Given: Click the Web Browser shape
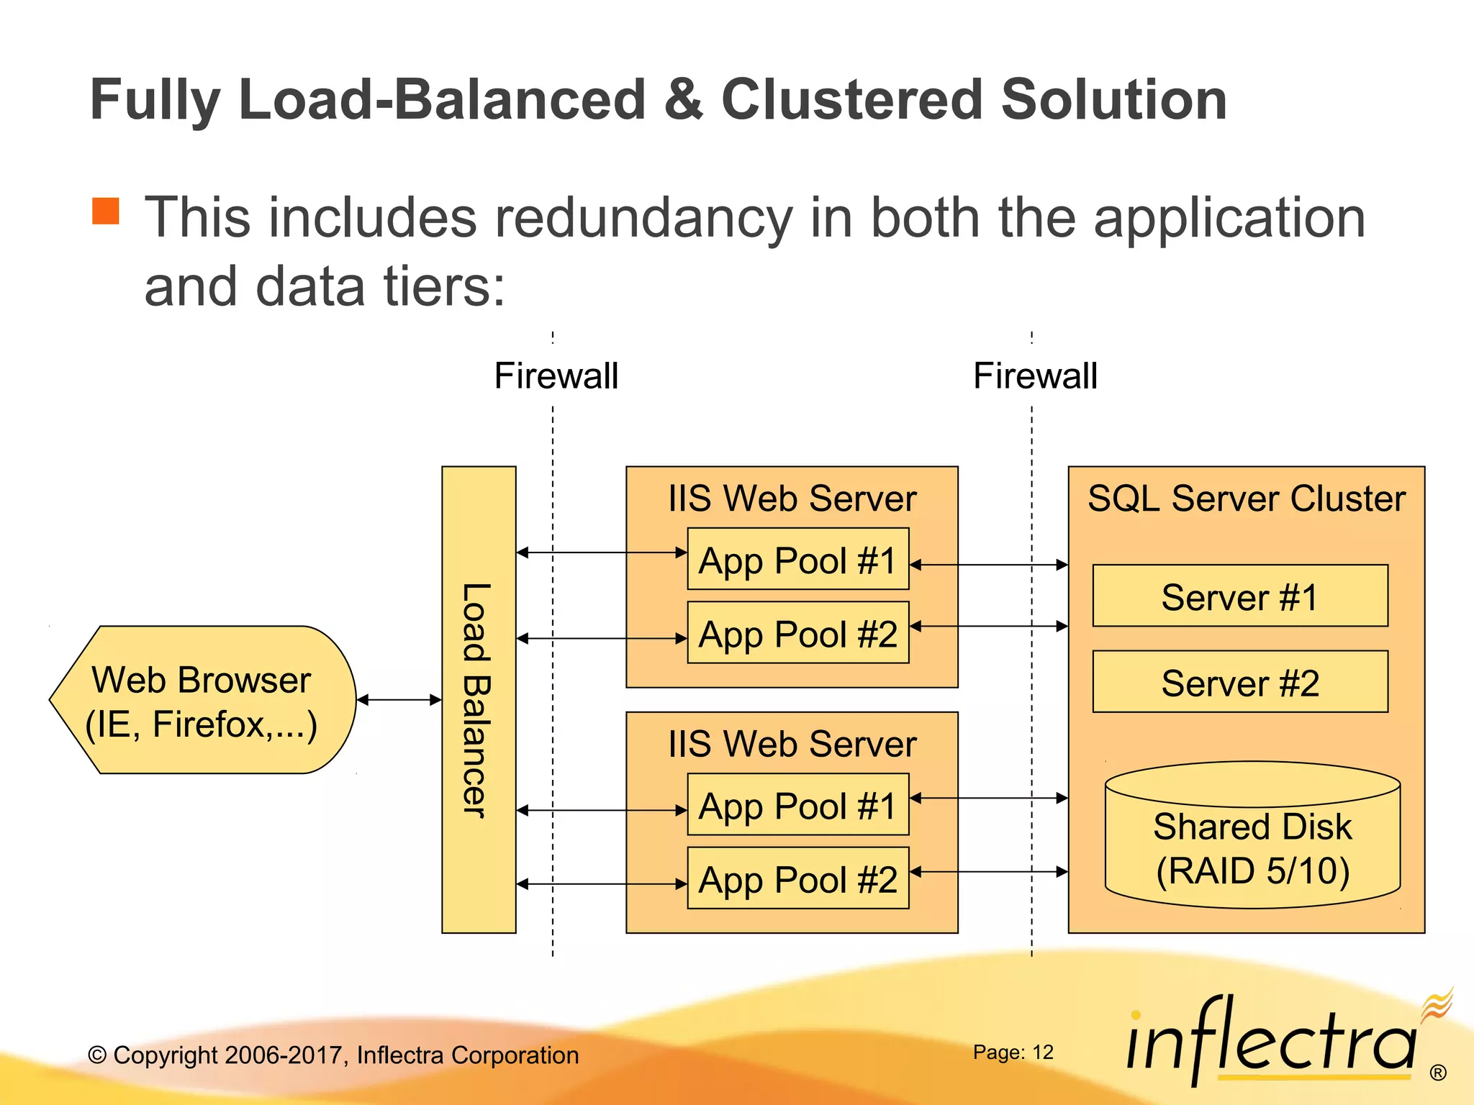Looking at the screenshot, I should tap(202, 701).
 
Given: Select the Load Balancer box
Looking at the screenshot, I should tap(479, 700).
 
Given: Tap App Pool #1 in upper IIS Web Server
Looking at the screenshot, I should tap(797, 560).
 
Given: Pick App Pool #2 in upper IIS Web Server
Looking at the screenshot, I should tap(797, 633).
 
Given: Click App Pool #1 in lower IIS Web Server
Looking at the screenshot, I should tap(797, 805).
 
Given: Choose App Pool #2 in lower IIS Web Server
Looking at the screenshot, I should tap(797, 878).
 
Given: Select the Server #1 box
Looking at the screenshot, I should tap(1239, 596).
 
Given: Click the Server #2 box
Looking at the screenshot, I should tap(1239, 682).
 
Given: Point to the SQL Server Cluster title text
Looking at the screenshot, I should tap(1246, 499).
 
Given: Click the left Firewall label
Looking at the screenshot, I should tap(556, 376).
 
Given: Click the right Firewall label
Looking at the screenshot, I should tap(1035, 376).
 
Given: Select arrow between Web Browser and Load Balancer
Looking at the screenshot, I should tap(399, 699).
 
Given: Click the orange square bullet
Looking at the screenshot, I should tap(106, 211).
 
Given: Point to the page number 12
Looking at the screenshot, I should tap(1042, 1052).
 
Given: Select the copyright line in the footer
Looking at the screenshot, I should tap(333, 1055).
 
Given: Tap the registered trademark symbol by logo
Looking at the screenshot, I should tap(1438, 1073).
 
